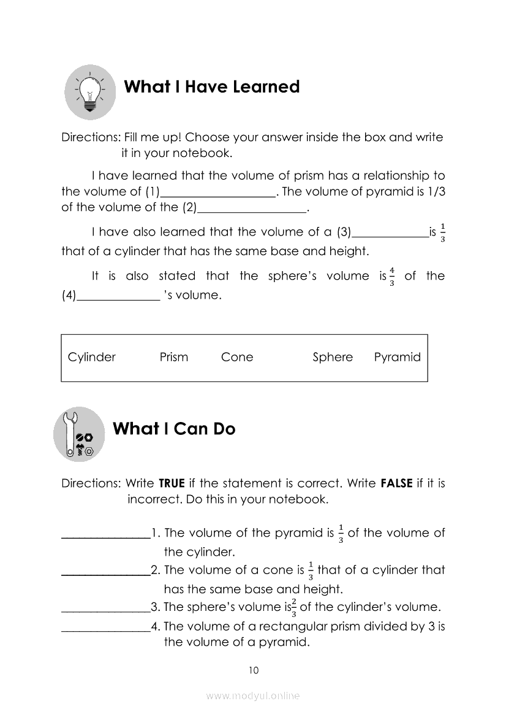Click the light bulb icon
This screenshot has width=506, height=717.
(x=90, y=92)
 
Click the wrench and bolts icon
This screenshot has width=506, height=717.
(x=80, y=434)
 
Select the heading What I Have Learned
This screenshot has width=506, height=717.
(x=211, y=86)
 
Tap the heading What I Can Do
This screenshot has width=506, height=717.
(x=174, y=428)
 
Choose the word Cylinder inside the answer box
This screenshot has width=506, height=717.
(x=92, y=357)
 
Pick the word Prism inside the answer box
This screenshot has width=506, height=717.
(x=174, y=357)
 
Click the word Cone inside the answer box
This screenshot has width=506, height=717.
(x=237, y=357)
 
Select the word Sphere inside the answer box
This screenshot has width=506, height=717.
(x=333, y=357)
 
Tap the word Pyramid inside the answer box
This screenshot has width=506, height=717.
(x=398, y=357)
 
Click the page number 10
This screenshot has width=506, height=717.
(x=254, y=670)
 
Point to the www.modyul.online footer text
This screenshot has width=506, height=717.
(x=253, y=696)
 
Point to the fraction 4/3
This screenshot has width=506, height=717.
(x=391, y=277)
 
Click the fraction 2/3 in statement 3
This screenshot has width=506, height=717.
(x=294, y=607)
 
